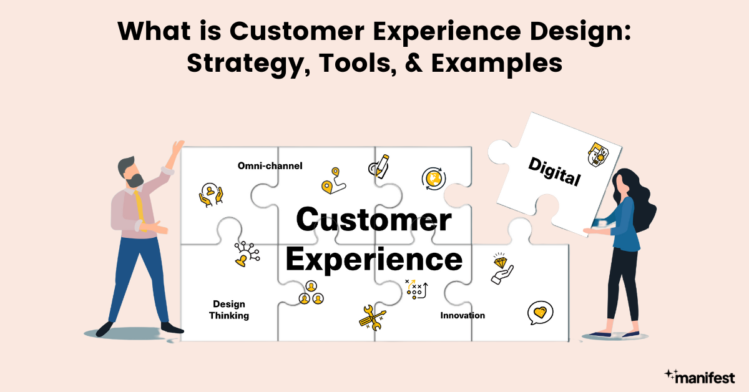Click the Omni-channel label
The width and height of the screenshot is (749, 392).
coord(270,166)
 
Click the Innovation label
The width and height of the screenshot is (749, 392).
coord(463,315)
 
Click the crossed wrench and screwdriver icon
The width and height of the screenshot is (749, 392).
coord(372,316)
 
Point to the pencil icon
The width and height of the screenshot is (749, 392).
coord(379,164)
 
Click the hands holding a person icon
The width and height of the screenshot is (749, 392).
coord(211,195)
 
